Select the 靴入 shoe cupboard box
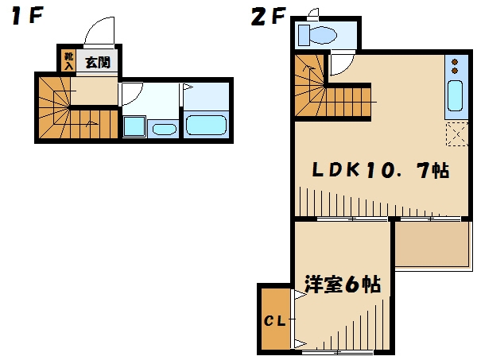point(68,60)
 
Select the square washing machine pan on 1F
point(134,126)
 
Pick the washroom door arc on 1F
point(131,96)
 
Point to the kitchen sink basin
point(454,96)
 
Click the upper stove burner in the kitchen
point(454,61)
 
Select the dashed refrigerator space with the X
point(455,135)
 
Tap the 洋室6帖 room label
point(342,285)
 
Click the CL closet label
point(274,321)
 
